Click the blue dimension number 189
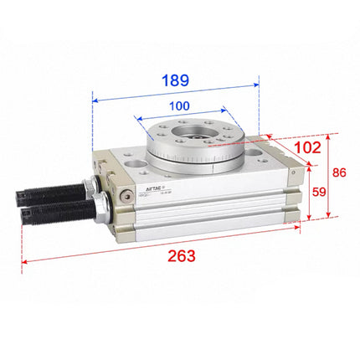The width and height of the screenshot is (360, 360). click(175, 81)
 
